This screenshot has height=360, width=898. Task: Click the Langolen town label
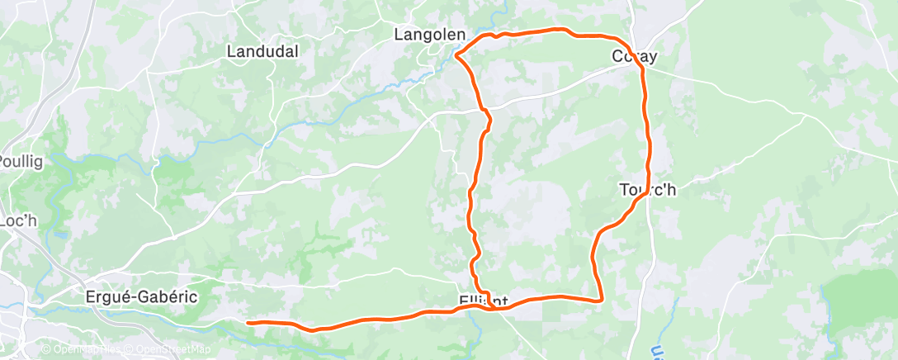click(x=430, y=36)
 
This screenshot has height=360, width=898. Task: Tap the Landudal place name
click(x=262, y=51)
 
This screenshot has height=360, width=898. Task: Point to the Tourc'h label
click(x=648, y=190)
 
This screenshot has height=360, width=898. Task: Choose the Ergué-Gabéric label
click(x=141, y=296)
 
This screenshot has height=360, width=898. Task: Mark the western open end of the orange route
click(x=248, y=322)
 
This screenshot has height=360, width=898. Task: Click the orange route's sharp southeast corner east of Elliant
click(x=600, y=299)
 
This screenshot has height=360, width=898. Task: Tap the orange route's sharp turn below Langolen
click(x=456, y=55)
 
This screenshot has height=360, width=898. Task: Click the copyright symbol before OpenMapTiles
click(x=45, y=350)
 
